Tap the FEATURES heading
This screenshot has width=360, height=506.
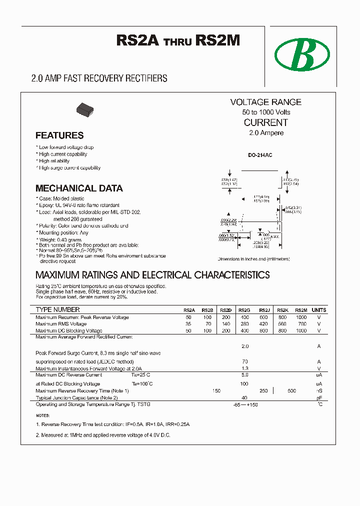[x=59, y=135]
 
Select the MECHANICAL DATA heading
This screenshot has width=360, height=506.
[x=79, y=188]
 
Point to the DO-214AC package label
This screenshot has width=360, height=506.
[x=260, y=155]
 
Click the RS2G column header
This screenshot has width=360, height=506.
[x=244, y=310]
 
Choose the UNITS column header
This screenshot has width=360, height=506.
[x=318, y=310]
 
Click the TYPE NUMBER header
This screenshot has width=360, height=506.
[x=57, y=310]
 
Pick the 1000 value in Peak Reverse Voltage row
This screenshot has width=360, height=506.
[x=301, y=317]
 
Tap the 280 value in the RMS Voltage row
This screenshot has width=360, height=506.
[x=244, y=324]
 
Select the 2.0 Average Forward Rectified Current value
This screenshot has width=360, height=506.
[x=245, y=346]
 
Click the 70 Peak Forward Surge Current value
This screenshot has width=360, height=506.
[x=245, y=361]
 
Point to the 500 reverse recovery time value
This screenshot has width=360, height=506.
[x=292, y=390]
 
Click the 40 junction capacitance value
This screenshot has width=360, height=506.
[x=244, y=398]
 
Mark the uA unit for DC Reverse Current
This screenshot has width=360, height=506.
[x=318, y=375]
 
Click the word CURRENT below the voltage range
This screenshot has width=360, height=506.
[x=265, y=122]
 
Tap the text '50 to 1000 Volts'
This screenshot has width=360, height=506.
[x=266, y=112]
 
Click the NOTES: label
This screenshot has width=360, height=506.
[x=43, y=415]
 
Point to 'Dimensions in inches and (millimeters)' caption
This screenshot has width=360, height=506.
[x=253, y=259]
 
